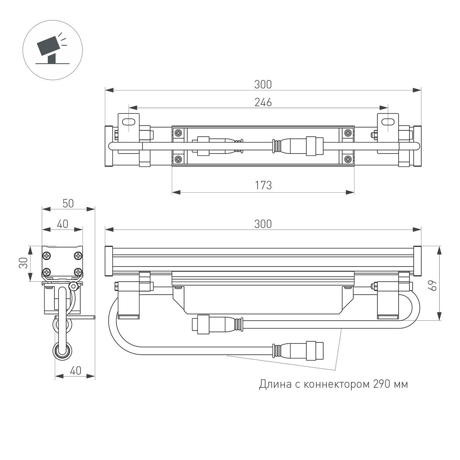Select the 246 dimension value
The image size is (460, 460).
(263, 103)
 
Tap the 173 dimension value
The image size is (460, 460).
(263, 186)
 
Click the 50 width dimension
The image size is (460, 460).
(68, 204)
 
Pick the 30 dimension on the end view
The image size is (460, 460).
(23, 263)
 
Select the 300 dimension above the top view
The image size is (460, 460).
(263, 85)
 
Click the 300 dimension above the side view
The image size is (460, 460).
(263, 224)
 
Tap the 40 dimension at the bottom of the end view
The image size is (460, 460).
(75, 371)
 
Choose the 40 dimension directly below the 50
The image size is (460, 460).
(62, 224)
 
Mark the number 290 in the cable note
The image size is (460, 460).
(382, 384)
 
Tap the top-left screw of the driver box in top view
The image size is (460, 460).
(178, 133)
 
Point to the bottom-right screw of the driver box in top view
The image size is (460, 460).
(348, 160)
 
